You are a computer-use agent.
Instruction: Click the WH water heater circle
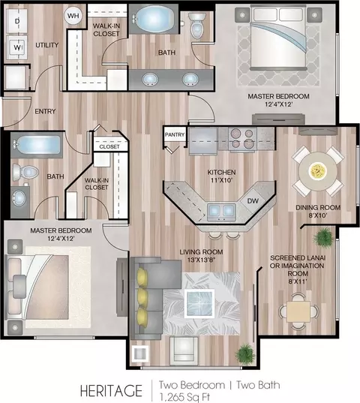tap(73, 16)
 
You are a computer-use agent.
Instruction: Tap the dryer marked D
tap(17, 21)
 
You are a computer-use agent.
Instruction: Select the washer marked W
tap(17, 47)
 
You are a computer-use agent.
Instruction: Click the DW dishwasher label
tap(253, 201)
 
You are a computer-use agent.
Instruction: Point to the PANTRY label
tap(175, 134)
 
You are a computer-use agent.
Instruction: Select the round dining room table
tap(318, 171)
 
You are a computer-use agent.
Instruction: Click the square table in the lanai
tap(298, 311)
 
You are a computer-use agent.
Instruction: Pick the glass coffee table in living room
tap(199, 303)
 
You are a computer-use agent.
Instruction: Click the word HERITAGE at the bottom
tap(111, 391)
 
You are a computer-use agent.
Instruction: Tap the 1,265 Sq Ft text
tap(184, 397)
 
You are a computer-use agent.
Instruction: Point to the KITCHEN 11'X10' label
tap(221, 176)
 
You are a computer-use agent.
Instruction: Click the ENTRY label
tap(45, 111)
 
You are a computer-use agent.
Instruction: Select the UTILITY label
tap(47, 45)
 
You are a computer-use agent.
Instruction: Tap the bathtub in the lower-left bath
tap(37, 145)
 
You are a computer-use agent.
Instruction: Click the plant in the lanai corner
tap(324, 238)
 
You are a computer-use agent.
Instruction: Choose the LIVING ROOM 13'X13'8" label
tap(201, 256)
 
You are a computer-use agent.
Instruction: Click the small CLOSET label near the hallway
tap(109, 147)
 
